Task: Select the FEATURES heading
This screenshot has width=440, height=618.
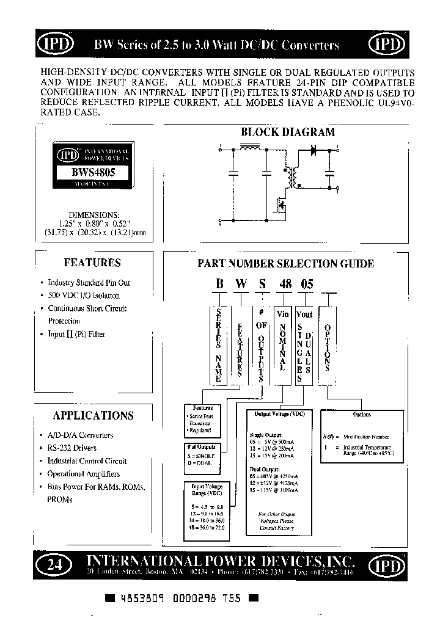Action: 92,263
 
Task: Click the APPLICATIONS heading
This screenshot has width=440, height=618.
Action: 93,416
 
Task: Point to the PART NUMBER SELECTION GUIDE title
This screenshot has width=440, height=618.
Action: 285,264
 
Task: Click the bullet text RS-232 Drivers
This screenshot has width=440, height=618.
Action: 71,448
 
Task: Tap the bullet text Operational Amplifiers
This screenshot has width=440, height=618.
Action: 83,474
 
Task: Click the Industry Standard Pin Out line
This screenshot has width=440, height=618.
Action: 89,283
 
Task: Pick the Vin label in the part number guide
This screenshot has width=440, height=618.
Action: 283,314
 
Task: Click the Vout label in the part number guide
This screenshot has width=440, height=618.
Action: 304,314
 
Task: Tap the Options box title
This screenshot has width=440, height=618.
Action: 362,415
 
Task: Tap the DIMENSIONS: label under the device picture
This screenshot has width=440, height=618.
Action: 94,216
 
